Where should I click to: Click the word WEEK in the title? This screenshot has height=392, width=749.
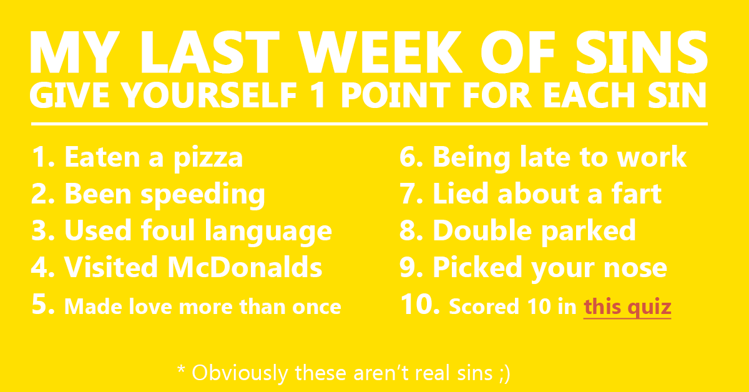click(x=381, y=52)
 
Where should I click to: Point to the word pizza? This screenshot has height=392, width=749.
click(x=208, y=159)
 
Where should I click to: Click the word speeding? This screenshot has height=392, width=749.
click(x=203, y=197)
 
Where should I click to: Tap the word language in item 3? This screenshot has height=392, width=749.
click(x=268, y=233)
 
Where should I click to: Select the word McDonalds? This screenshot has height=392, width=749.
click(x=245, y=267)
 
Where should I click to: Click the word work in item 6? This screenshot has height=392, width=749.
click(x=652, y=157)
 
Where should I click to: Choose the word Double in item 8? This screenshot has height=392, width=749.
click(x=482, y=230)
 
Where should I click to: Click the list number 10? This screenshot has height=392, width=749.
click(x=419, y=304)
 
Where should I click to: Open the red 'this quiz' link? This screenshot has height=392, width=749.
click(x=627, y=307)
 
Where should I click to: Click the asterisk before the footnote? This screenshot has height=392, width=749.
click(x=181, y=370)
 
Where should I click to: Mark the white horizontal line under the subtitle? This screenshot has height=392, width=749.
click(x=370, y=124)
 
